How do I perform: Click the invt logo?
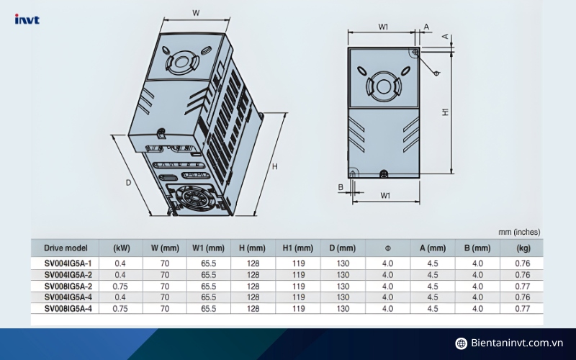coord(27,19)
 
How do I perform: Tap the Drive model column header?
coord(66,248)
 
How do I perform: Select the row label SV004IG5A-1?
coord(68,264)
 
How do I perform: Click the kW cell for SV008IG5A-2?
coord(120,286)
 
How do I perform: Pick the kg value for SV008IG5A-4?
coord(523,309)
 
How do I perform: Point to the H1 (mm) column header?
coord(298,248)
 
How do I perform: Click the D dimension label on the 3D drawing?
coord(128,183)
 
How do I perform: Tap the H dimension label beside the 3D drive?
coord(275,166)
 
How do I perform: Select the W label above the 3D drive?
coord(196,13)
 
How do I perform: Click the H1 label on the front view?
coord(445,112)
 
